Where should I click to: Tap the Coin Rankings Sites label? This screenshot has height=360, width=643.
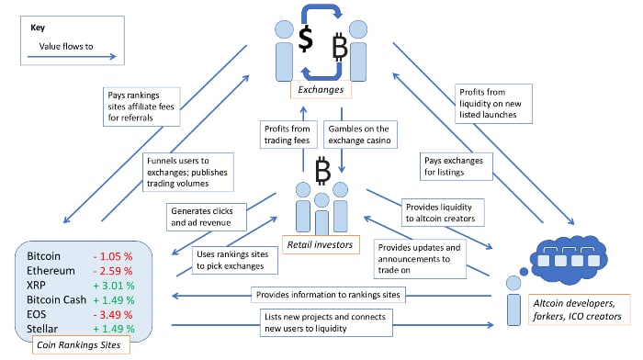79,346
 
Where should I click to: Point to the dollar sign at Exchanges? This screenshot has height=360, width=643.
306,40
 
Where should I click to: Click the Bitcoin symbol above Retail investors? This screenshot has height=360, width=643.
322,170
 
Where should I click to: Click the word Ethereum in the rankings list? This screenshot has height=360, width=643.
55,272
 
